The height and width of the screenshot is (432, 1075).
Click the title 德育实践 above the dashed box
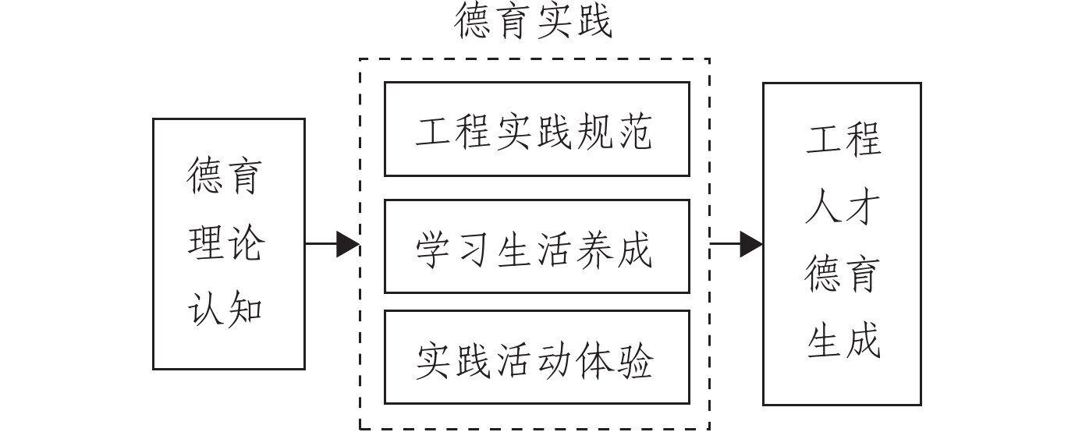[534, 22]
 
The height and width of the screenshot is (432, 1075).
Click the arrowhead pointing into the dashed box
[348, 244]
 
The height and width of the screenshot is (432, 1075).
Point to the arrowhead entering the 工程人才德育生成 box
[751, 244]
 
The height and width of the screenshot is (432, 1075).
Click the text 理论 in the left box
[226, 243]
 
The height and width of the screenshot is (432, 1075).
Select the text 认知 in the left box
[226, 309]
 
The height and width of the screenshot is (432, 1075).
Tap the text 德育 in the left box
[226, 177]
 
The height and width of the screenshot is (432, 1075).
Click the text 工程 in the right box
[843, 140]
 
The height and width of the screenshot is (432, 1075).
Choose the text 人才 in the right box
[843, 207]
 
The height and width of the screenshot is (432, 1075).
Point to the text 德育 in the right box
[843, 274]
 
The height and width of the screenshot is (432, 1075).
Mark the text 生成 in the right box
[843, 342]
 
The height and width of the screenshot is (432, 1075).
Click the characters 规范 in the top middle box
[613, 130]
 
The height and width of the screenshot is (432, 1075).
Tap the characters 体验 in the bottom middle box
[613, 360]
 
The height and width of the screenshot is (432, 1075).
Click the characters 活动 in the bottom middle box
[534, 360]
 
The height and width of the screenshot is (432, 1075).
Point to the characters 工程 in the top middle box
[455, 130]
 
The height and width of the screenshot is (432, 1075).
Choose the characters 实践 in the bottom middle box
[455, 360]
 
